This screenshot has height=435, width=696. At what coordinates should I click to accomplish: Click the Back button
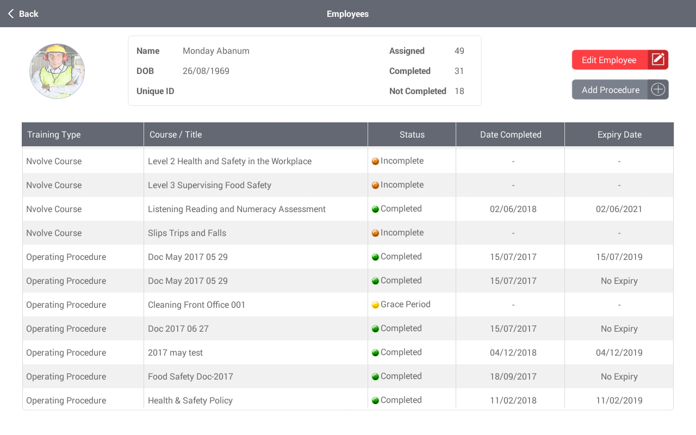23,14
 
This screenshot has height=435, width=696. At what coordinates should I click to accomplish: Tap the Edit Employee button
619,60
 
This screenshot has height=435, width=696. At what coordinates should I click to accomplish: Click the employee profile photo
57,71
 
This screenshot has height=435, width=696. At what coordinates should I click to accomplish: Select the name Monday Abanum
216,51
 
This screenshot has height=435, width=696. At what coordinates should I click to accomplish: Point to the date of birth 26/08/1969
206,71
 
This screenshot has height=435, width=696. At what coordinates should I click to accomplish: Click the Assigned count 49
459,51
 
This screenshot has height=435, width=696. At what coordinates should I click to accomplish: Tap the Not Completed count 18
459,91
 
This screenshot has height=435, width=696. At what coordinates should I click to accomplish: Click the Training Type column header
54,135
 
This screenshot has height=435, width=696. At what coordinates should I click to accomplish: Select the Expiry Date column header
619,135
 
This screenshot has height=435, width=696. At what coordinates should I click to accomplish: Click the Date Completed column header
511,135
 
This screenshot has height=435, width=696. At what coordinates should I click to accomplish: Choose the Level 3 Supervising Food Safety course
209,185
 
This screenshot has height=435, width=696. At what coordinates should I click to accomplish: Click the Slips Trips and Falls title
187,233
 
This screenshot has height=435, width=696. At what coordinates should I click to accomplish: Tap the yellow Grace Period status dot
375,305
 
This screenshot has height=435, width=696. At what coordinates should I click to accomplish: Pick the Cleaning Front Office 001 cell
196,305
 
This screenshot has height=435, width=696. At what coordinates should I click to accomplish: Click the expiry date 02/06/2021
619,209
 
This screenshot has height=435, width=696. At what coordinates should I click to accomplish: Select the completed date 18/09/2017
513,377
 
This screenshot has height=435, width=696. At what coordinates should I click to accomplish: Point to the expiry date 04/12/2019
619,353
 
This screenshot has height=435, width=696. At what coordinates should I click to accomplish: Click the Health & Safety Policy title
190,401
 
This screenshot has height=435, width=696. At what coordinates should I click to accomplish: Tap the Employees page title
347,14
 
